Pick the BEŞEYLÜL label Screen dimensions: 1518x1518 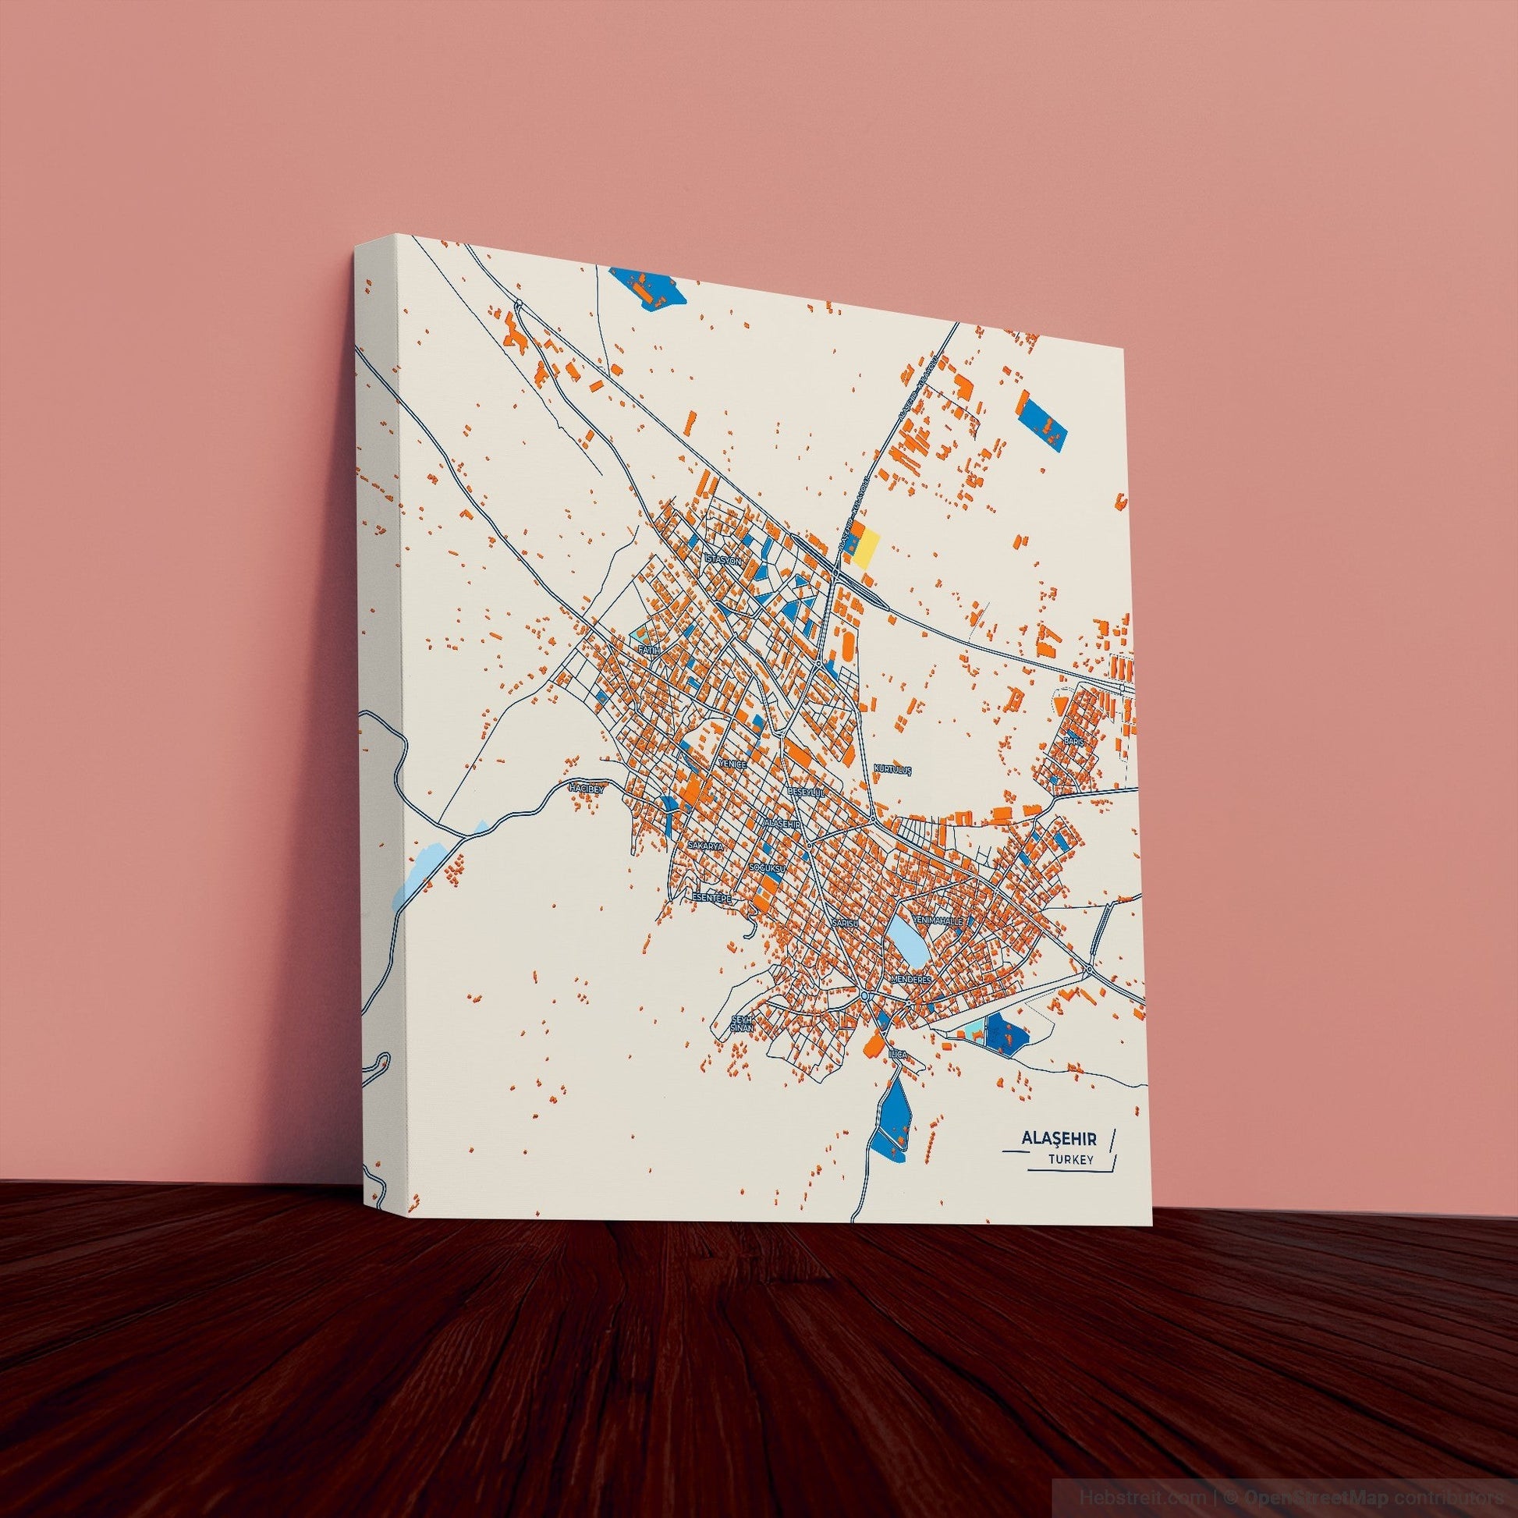(807, 793)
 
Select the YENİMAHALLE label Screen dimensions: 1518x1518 (938, 918)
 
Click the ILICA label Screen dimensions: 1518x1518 (897, 1052)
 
